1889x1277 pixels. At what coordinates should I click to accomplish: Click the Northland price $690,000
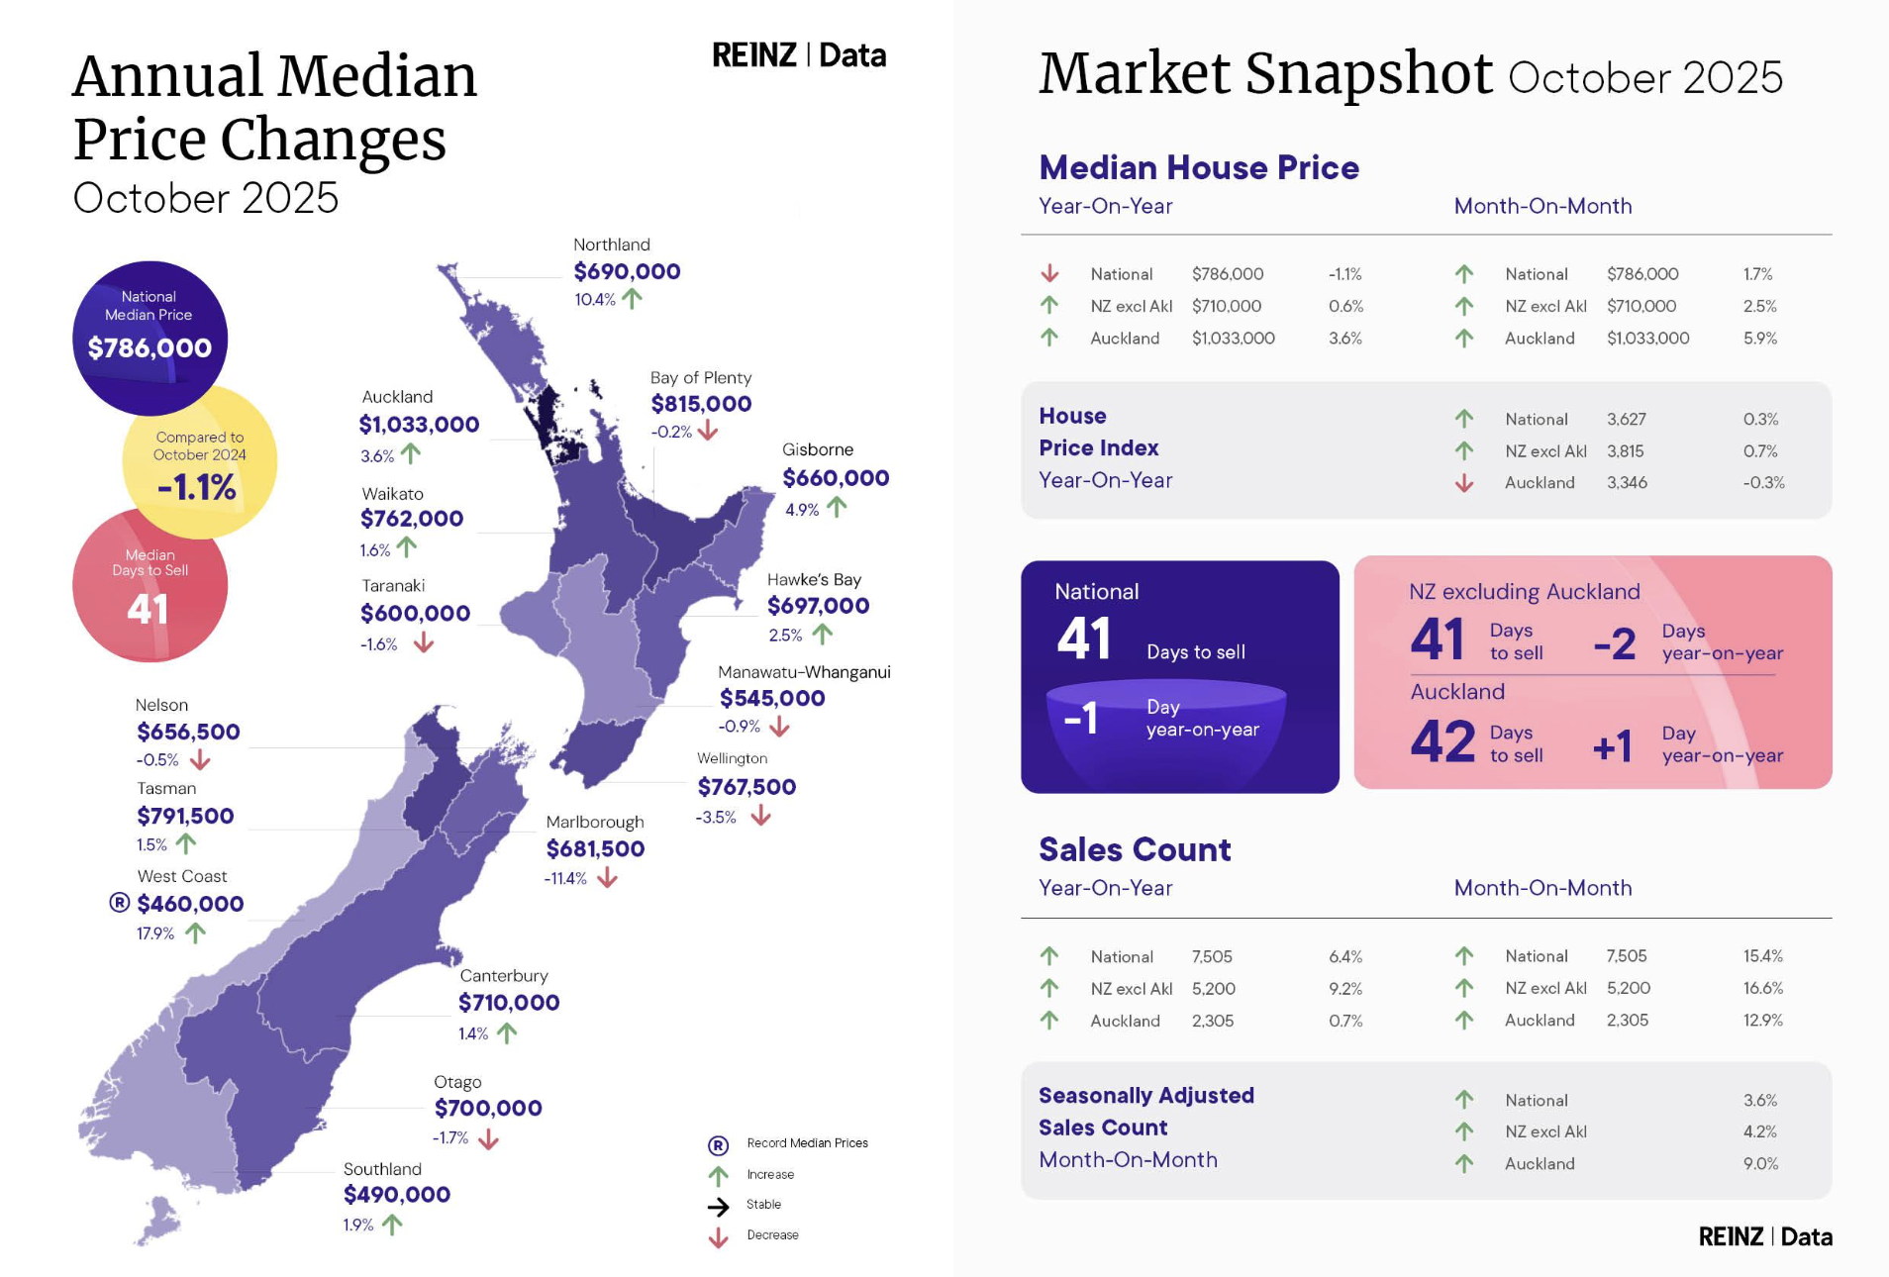click(627, 271)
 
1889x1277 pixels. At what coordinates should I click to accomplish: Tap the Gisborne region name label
click(817, 449)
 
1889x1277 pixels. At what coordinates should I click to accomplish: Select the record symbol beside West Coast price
click(120, 903)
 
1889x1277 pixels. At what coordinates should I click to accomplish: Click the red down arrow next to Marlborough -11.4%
click(607, 878)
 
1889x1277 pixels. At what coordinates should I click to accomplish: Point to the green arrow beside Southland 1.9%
click(392, 1225)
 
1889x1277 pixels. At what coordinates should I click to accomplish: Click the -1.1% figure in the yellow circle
click(197, 487)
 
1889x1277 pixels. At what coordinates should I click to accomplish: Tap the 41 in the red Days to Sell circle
click(148, 609)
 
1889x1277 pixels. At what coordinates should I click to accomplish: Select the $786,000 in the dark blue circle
click(149, 347)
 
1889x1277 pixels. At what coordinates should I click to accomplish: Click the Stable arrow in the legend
click(718, 1206)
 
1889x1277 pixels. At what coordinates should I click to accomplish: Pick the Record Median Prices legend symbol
click(718, 1145)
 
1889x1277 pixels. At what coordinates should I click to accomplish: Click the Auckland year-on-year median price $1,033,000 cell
click(1233, 339)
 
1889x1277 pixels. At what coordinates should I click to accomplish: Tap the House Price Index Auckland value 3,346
click(1627, 483)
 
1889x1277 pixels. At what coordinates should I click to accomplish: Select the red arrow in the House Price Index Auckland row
click(1464, 483)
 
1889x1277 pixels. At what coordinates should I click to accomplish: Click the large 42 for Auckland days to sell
click(1442, 742)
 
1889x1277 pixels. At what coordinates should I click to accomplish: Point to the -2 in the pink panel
click(1615, 644)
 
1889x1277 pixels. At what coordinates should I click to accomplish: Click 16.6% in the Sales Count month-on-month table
click(1762, 988)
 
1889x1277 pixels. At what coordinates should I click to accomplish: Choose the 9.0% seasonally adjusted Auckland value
click(1760, 1164)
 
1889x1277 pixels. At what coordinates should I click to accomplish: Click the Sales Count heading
click(1135, 849)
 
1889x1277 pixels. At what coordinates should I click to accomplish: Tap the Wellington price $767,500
click(746, 787)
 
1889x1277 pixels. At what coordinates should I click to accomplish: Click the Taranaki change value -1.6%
click(378, 644)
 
